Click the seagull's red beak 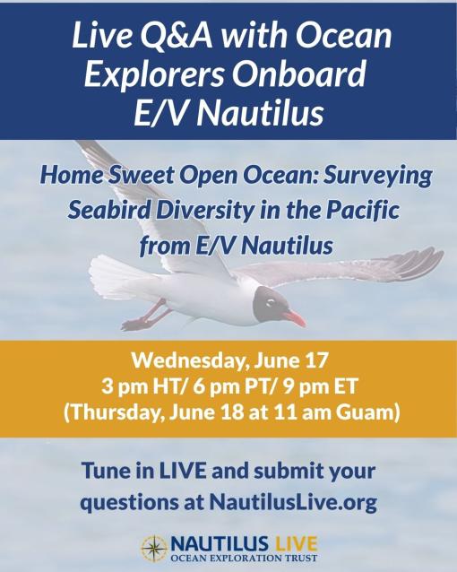pyautogui.click(x=294, y=317)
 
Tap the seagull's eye pyautogui.click(x=271, y=301)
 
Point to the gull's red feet pyautogui.click(x=146, y=316)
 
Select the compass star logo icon pyautogui.click(x=155, y=548)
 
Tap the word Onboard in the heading pyautogui.click(x=298, y=73)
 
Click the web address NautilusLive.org pyautogui.click(x=293, y=503)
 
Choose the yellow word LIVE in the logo pyautogui.click(x=296, y=544)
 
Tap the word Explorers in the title pyautogui.click(x=153, y=73)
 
